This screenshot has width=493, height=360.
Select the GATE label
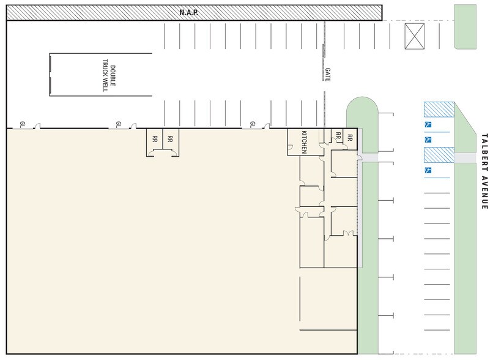[x=328, y=75]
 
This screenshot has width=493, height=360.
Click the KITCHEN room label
[x=302, y=141]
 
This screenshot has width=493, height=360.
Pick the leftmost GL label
[x=23, y=125]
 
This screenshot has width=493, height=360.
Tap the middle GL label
[x=119, y=125]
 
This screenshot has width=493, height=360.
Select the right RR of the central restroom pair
[x=171, y=138]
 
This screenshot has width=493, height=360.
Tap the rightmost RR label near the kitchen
[x=350, y=137]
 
